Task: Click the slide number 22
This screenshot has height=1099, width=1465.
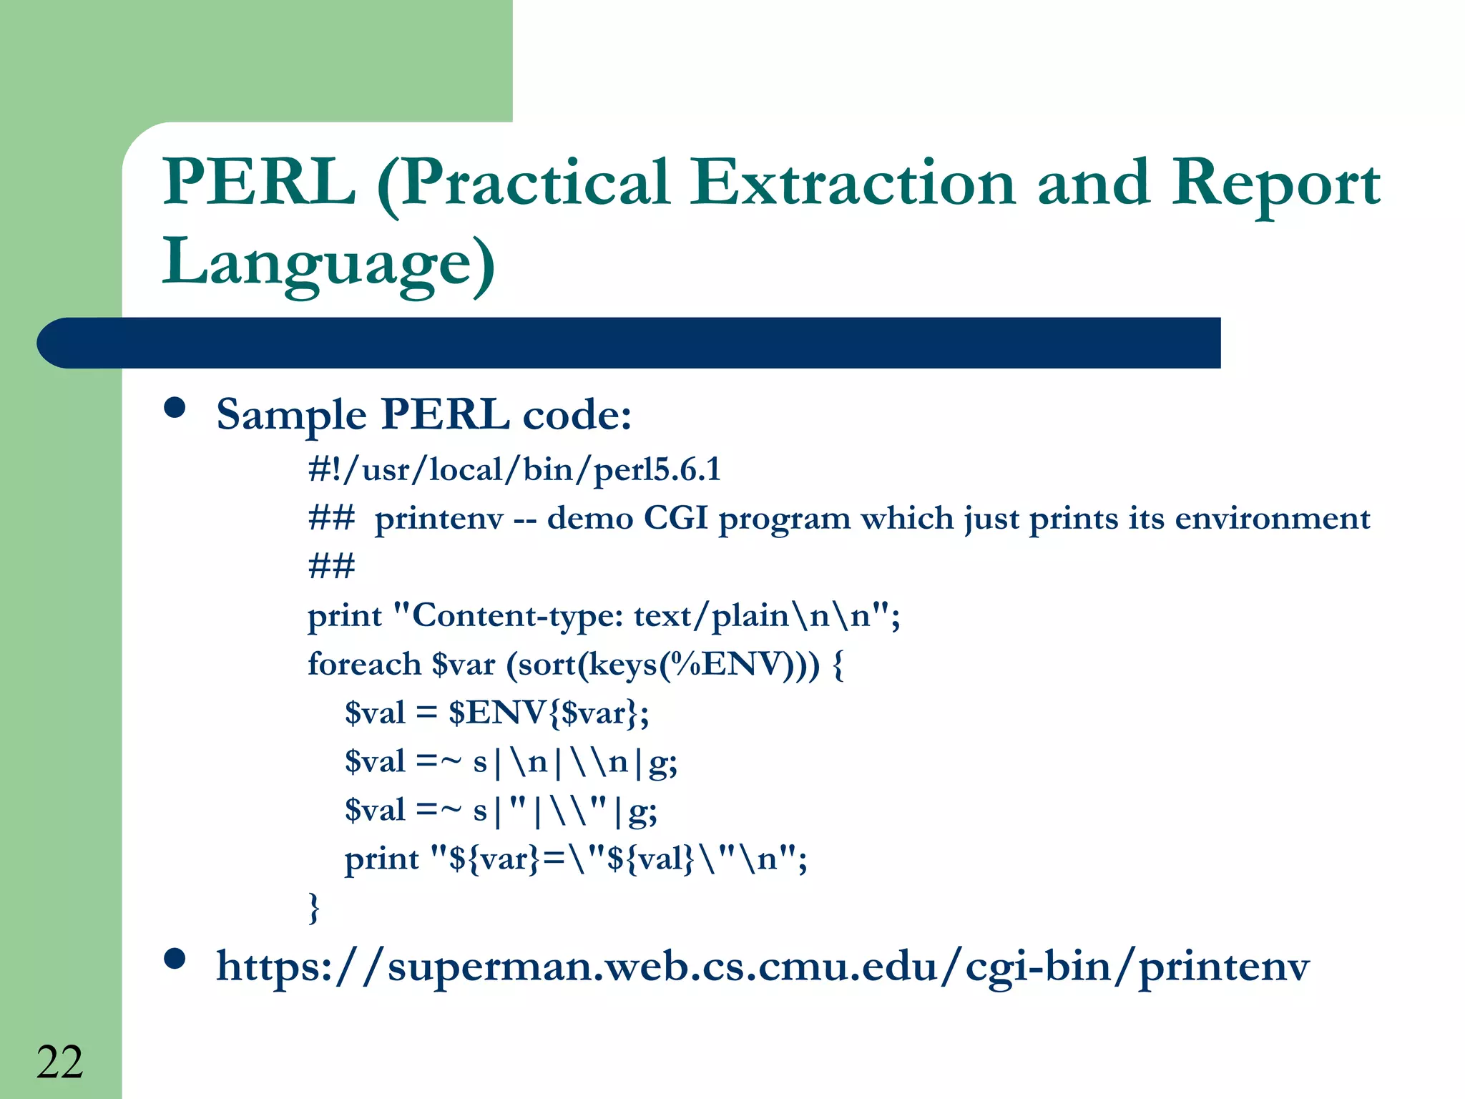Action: click(60, 1062)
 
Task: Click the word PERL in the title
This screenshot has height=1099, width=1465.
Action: click(259, 182)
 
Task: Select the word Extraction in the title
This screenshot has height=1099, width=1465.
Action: click(851, 182)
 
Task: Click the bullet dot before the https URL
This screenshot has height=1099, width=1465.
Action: click(175, 959)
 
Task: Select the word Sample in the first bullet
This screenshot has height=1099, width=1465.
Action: click(291, 415)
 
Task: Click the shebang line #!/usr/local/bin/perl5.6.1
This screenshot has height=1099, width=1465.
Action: click(514, 470)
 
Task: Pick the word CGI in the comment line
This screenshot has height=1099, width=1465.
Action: click(675, 517)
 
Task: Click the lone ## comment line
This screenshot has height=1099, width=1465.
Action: click(331, 566)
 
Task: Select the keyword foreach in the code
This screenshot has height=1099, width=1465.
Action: click(364, 664)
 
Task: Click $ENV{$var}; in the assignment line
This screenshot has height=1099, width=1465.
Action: click(548, 713)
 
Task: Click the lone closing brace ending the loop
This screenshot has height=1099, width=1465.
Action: click(313, 907)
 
